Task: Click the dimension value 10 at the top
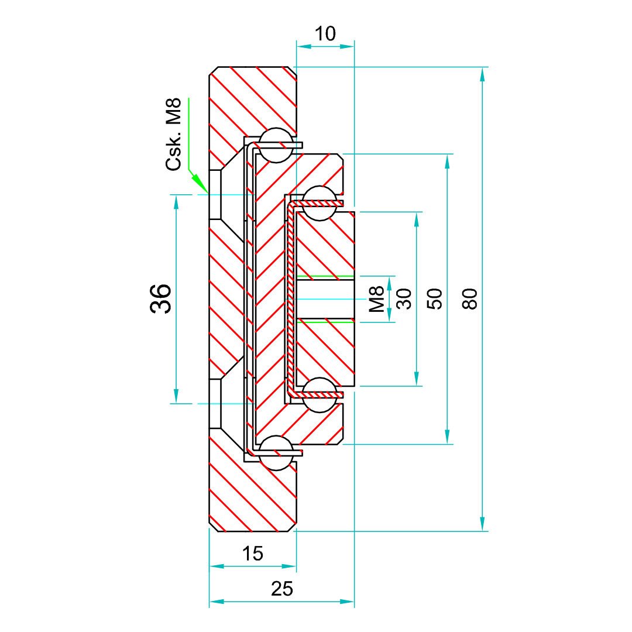[325, 34]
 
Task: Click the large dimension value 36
[162, 298]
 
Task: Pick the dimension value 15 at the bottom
[253, 554]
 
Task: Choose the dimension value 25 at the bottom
[282, 589]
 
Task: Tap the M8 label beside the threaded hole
[377, 298]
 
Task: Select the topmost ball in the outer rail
[276, 146]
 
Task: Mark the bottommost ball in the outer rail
[276, 453]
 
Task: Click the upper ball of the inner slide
[320, 203]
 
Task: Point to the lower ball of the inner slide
[320, 395]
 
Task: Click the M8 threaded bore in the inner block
[325, 299]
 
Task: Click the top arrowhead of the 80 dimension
[482, 74]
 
